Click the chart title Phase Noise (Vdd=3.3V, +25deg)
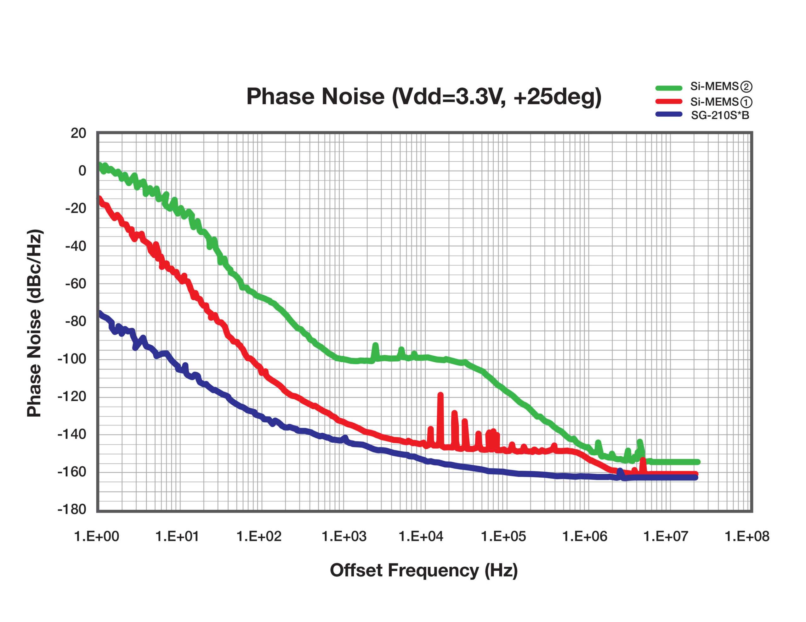(x=424, y=97)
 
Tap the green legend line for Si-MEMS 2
(x=668, y=88)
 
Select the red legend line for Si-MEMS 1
(x=668, y=101)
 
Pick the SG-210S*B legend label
(x=720, y=115)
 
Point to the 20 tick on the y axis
(x=78, y=133)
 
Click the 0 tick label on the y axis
(x=82, y=171)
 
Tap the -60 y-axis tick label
(x=75, y=284)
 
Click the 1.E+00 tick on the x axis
(x=96, y=536)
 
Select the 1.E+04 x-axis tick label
(x=421, y=536)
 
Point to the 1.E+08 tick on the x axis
(x=746, y=536)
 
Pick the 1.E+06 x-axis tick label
(x=584, y=536)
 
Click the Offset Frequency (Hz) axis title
(x=424, y=570)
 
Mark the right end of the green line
(x=697, y=462)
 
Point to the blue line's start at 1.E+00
(x=99, y=314)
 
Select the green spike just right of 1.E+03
(x=375, y=346)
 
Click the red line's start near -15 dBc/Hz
(x=99, y=199)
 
